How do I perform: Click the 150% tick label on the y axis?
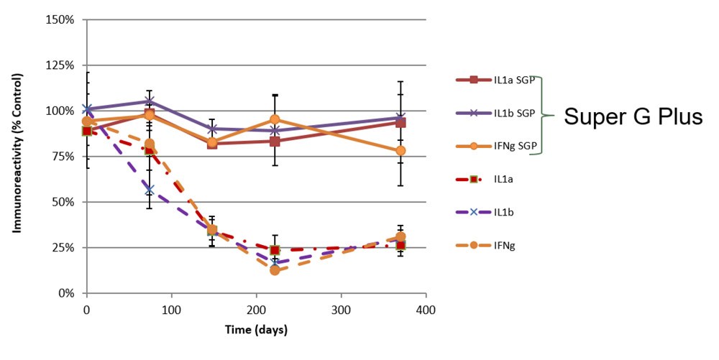pyautogui.click(x=60, y=19)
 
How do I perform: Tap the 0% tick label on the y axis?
pyautogui.click(x=65, y=293)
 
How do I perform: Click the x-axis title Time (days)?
pyautogui.click(x=255, y=330)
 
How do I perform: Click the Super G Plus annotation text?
pyautogui.click(x=632, y=116)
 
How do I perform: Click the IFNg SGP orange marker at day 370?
pyautogui.click(x=400, y=150)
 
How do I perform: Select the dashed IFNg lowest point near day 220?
pyautogui.click(x=275, y=270)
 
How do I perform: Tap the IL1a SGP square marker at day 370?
pyautogui.click(x=400, y=122)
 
